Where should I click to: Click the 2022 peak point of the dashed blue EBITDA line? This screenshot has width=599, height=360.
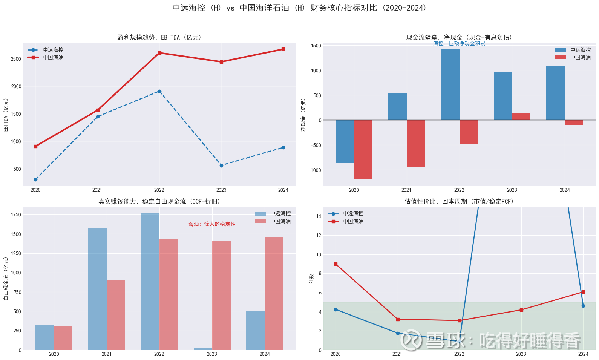pyautogui.click(x=159, y=91)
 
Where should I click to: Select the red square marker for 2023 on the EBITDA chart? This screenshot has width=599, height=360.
pyautogui.click(x=221, y=62)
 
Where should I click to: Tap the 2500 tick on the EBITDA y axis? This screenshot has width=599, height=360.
pyautogui.click(x=16, y=59)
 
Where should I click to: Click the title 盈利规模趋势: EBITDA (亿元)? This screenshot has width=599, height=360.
pyautogui.click(x=159, y=37)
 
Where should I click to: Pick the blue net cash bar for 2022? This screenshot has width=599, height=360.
pyautogui.click(x=450, y=84)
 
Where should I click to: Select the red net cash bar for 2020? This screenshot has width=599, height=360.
pyautogui.click(x=363, y=150)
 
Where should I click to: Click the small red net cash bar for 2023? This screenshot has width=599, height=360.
pyautogui.click(x=521, y=117)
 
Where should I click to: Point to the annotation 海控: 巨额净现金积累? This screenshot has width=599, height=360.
pyautogui.click(x=459, y=44)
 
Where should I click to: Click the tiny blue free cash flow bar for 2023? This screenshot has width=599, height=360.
pyautogui.click(x=203, y=349)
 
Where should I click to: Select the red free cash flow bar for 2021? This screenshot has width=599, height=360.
pyautogui.click(x=116, y=315)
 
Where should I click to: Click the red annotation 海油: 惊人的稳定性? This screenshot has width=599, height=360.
pyautogui.click(x=212, y=224)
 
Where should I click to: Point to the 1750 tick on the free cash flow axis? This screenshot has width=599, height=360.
pyautogui.click(x=16, y=215)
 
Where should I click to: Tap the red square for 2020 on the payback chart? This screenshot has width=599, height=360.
pyautogui.click(x=336, y=264)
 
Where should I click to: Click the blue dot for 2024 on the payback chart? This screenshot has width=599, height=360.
pyautogui.click(x=583, y=306)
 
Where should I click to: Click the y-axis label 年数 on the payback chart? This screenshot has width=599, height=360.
pyautogui.click(x=311, y=279)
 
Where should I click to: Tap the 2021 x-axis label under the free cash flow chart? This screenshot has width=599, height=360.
pyautogui.click(x=107, y=354)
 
